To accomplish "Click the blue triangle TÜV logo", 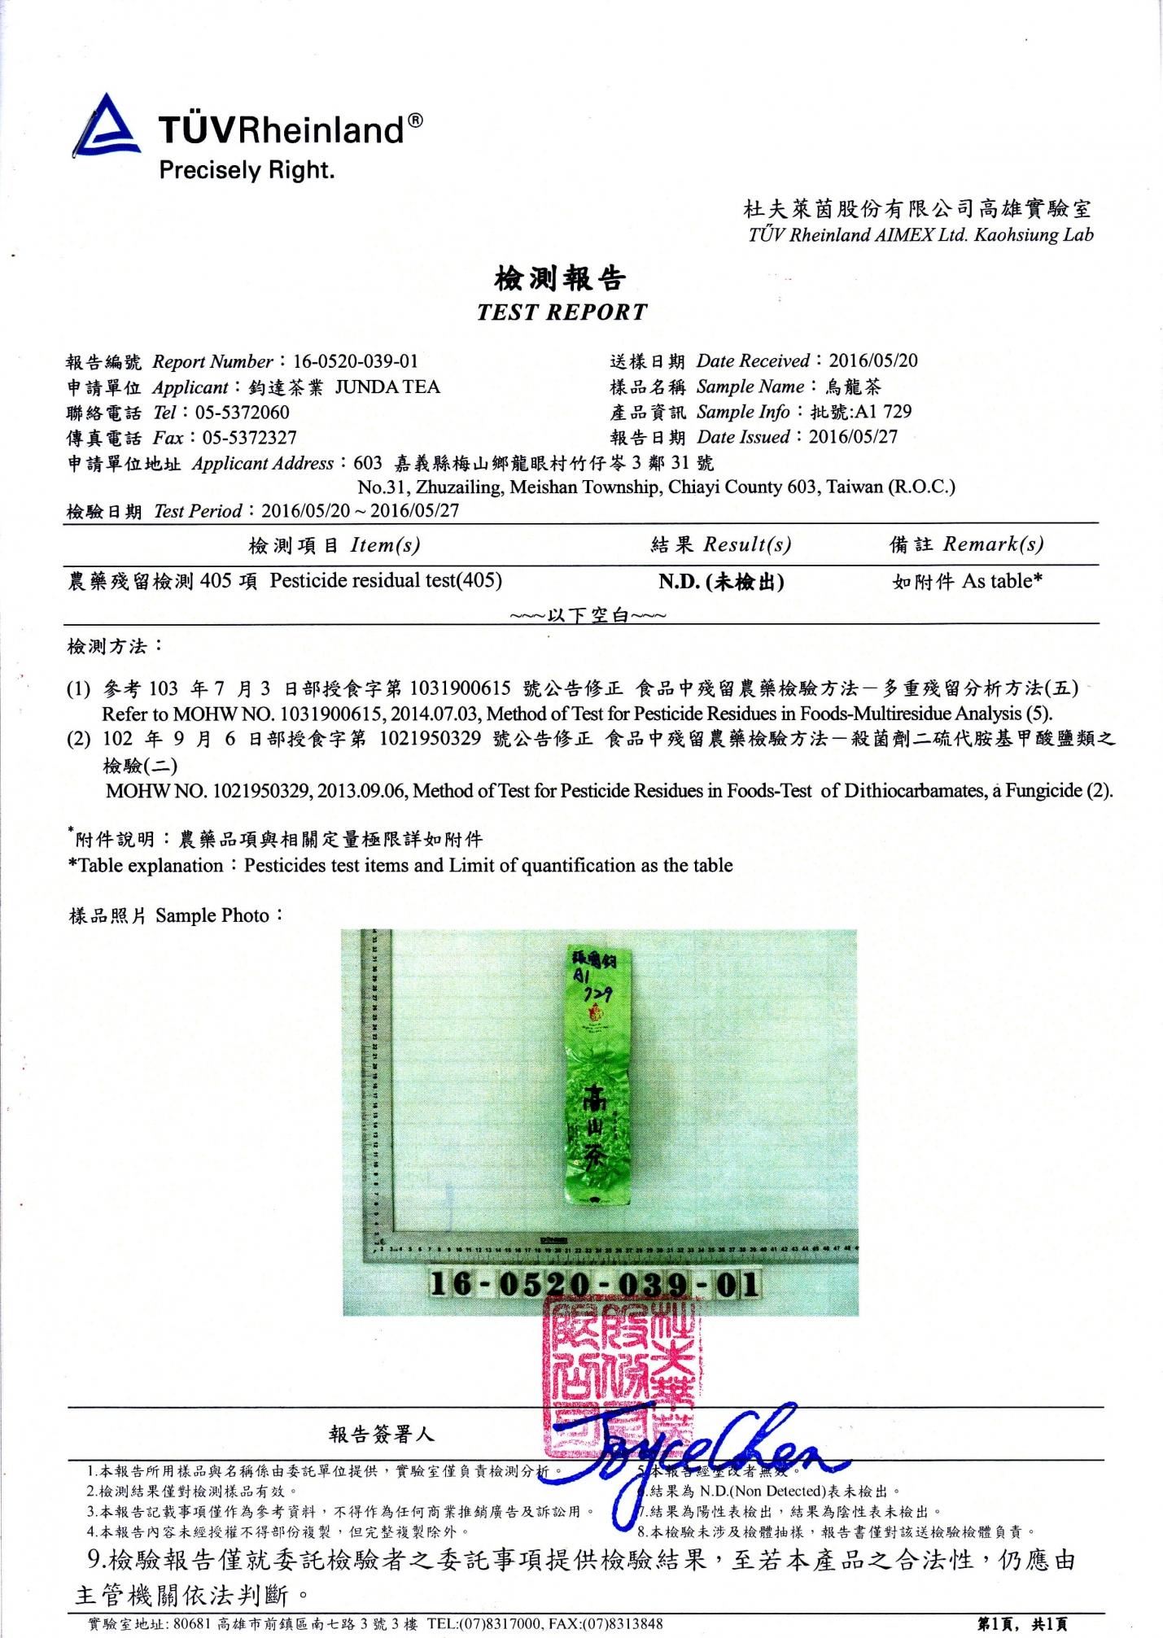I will [x=106, y=127].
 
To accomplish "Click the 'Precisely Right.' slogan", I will [x=247, y=170].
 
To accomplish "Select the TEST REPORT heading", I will [x=562, y=312].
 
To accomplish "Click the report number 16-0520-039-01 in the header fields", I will [x=356, y=361].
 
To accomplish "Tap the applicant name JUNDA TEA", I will [x=387, y=387].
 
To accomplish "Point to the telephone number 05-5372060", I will [x=242, y=413].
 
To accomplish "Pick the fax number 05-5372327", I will [x=249, y=438].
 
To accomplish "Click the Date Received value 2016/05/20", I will [x=872, y=360].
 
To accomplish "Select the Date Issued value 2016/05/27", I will [x=853, y=437].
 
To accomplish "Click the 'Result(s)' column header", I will [x=746, y=544].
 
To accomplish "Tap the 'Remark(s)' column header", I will [x=993, y=544].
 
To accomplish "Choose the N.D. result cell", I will [x=721, y=582].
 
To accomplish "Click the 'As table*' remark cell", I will [x=1002, y=581].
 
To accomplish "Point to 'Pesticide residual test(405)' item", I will [x=386, y=580].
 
